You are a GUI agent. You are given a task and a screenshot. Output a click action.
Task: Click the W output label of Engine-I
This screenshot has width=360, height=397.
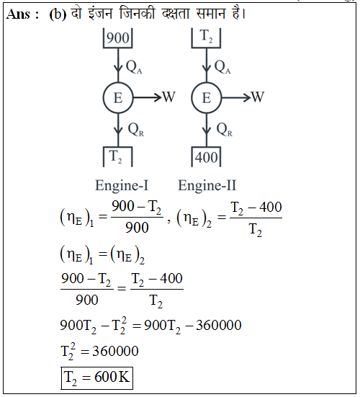168,97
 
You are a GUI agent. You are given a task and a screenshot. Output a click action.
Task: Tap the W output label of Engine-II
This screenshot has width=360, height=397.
258,97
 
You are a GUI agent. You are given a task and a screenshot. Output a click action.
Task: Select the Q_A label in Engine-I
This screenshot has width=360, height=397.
134,67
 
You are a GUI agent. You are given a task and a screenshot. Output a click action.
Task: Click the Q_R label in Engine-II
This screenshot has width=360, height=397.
224,130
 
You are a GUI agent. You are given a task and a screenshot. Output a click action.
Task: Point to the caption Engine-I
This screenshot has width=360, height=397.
122,186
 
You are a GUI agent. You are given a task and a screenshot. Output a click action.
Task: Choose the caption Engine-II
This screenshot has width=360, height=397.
207,186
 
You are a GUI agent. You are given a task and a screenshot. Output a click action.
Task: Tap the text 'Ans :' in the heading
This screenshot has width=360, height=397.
23,14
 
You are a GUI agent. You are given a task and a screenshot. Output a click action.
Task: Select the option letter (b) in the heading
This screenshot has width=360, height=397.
58,14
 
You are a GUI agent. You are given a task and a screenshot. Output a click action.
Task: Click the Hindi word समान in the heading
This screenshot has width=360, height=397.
210,13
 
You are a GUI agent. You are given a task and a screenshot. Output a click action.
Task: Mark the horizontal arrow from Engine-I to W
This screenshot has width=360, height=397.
148,97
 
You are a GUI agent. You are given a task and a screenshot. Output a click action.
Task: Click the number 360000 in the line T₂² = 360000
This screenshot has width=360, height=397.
115,351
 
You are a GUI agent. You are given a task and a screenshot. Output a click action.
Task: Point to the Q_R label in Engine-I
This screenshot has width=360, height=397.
135,130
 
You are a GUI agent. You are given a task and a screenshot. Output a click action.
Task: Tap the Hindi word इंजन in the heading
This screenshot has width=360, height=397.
100,13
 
